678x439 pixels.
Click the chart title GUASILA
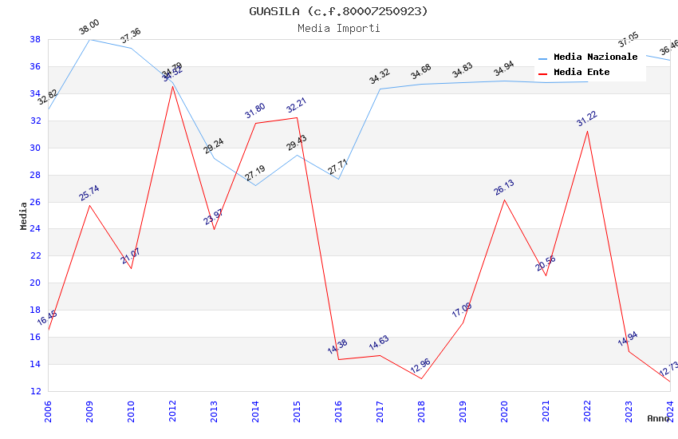point(338,11)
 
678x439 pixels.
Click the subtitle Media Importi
point(338,28)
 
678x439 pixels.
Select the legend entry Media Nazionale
point(595,57)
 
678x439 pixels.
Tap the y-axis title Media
point(23,216)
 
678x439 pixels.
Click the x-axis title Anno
point(658,418)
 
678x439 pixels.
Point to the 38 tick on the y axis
point(35,39)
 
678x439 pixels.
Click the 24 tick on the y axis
point(35,229)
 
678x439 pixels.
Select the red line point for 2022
point(587,131)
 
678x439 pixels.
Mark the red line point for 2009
point(89,205)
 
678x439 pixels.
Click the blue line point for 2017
point(380,89)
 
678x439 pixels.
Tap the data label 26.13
point(503,188)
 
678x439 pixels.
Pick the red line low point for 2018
point(421,378)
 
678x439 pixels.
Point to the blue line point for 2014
point(255,186)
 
